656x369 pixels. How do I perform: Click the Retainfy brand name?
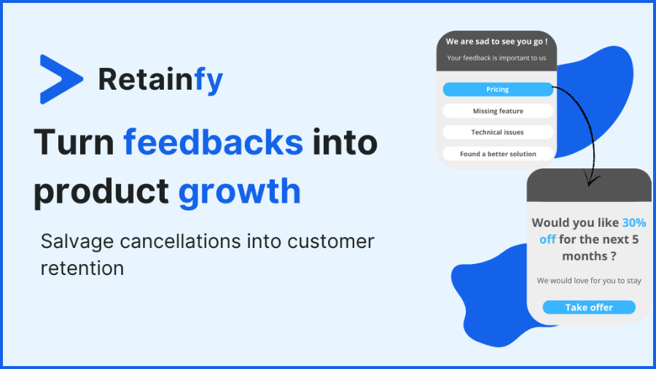160,79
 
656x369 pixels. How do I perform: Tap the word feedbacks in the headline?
213,141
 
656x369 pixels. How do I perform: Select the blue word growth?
239,191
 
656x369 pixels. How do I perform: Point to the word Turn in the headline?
73,141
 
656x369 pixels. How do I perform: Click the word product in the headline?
101,192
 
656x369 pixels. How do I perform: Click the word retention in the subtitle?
82,268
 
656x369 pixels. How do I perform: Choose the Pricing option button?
498,90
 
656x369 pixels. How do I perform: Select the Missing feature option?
498,111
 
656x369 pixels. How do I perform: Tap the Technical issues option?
498,132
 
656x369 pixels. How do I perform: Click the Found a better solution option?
498,154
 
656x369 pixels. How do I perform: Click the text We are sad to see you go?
496,42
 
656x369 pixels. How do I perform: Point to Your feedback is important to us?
496,58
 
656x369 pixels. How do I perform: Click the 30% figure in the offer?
633,222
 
